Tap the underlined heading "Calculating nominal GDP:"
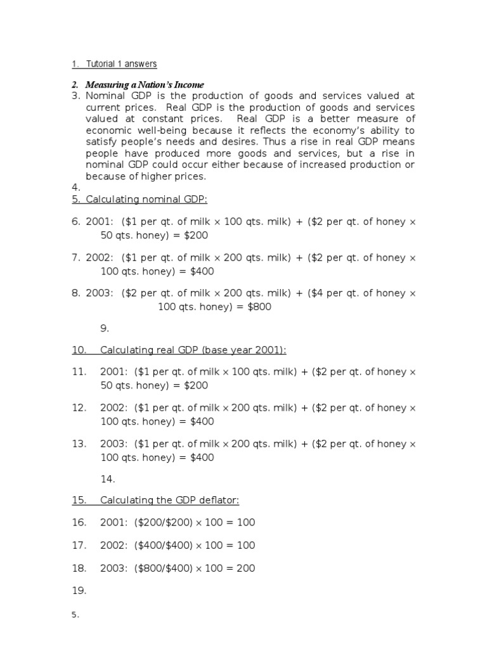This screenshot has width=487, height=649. point(146,199)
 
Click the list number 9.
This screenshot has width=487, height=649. point(105,328)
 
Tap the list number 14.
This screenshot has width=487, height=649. point(107,479)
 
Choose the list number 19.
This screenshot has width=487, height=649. point(79,591)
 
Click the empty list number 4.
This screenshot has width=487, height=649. point(75,188)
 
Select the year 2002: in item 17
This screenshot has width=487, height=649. point(115,545)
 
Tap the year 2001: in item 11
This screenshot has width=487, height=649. point(115,372)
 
